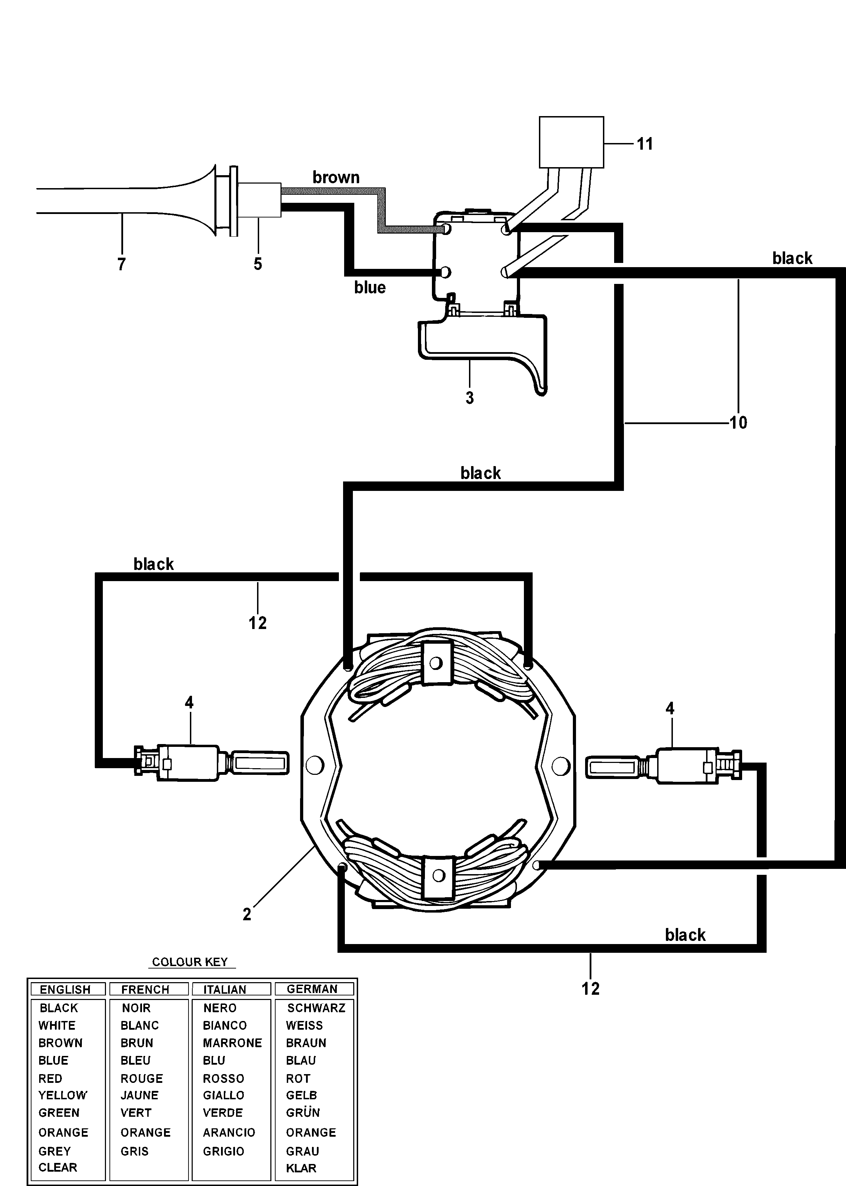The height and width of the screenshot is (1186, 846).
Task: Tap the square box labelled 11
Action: click(571, 142)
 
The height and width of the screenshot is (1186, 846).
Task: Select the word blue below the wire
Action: click(370, 287)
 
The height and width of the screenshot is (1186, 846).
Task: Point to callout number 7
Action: click(121, 264)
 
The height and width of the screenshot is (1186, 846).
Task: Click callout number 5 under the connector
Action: click(258, 264)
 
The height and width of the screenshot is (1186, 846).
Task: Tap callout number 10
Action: click(738, 422)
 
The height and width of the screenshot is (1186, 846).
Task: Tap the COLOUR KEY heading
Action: click(190, 962)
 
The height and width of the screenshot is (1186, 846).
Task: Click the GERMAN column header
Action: click(312, 988)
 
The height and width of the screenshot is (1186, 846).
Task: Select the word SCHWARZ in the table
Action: click(316, 1008)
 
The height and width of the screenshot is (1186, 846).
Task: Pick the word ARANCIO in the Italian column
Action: click(229, 1133)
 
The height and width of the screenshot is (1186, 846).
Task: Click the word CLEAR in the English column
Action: click(58, 1167)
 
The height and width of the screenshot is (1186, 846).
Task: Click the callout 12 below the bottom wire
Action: click(590, 988)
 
